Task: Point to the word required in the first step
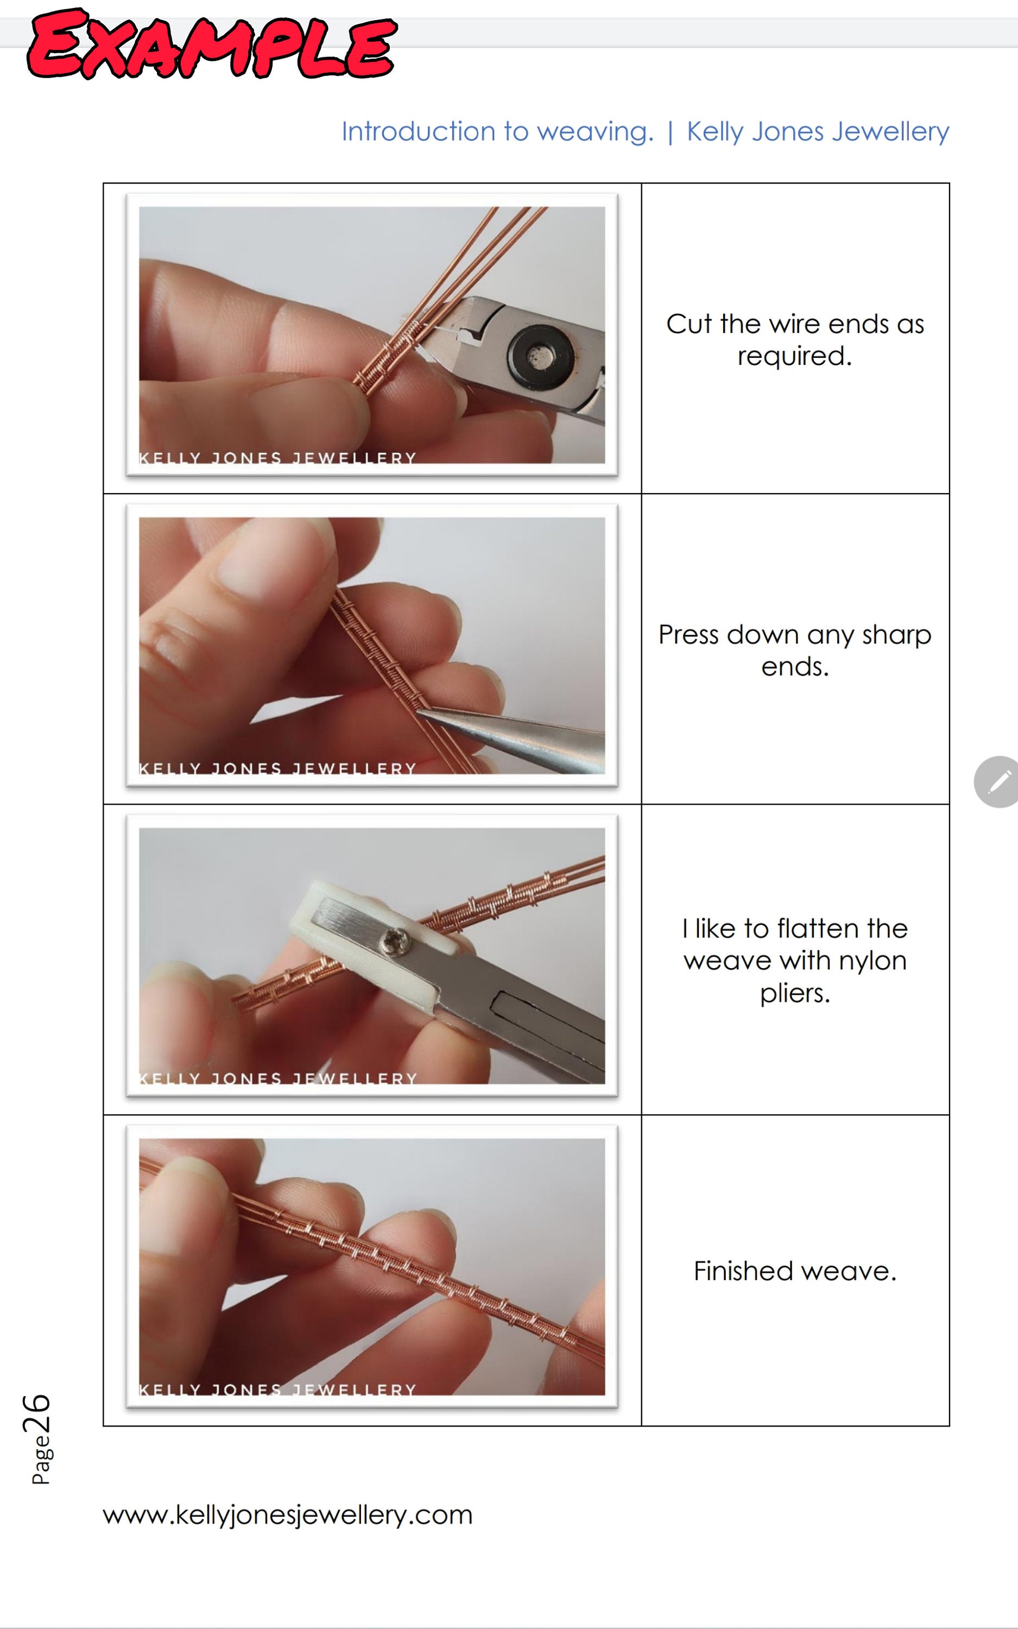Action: click(794, 356)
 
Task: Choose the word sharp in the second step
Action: click(896, 635)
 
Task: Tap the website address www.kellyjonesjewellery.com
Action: click(288, 1514)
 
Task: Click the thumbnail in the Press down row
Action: click(372, 646)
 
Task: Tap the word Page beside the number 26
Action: click(41, 1460)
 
